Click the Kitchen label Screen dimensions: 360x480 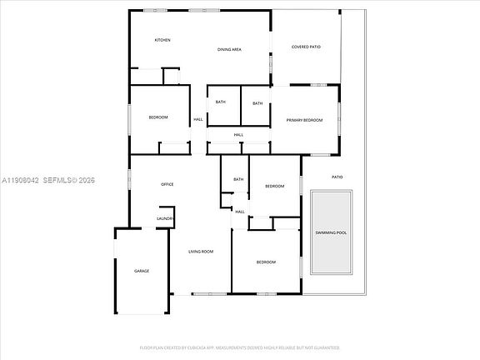(x=162, y=41)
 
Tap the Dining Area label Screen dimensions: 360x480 (x=229, y=50)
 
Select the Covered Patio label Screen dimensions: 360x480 (x=306, y=47)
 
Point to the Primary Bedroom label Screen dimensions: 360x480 (x=304, y=121)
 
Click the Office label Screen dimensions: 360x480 (x=167, y=184)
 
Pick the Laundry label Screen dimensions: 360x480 (x=165, y=219)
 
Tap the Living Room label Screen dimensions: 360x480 (x=200, y=252)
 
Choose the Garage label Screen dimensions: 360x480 (x=142, y=271)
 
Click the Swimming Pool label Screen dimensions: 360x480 (x=331, y=232)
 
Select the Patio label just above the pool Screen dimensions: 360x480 (x=337, y=177)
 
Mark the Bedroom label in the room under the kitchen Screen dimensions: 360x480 (x=158, y=117)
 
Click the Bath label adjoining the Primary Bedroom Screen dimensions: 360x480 (x=257, y=103)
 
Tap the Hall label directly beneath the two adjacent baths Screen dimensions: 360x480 (x=238, y=135)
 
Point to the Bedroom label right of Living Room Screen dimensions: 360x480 (x=265, y=262)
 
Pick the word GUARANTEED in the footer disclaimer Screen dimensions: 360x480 (x=326, y=347)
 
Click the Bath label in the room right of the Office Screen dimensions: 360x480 (x=238, y=179)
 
